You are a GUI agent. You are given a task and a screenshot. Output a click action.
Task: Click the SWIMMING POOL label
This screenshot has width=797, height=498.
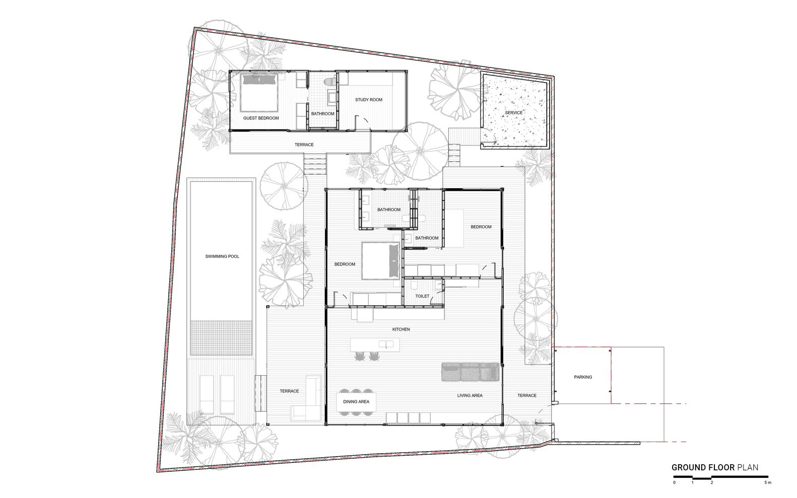[x=222, y=256]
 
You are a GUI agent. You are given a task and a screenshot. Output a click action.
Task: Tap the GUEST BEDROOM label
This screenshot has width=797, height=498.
[x=261, y=118]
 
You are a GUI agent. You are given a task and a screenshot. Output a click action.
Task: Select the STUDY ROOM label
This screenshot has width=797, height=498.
[x=369, y=100]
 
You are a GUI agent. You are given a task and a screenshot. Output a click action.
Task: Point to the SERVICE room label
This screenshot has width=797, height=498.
[x=514, y=113]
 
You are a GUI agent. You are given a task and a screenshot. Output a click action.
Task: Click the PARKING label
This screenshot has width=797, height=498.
[x=583, y=377]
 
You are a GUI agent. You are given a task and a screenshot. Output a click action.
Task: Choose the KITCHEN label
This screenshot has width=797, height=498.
[x=401, y=329]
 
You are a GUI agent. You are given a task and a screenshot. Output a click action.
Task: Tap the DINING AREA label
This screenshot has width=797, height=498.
[x=356, y=402]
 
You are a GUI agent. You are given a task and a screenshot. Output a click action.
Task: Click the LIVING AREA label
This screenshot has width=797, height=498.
[x=470, y=395]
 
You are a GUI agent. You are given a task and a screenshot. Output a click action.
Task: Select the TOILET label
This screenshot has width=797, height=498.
[x=422, y=296]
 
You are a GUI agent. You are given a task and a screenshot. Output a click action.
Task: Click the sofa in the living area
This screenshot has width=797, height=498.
[x=470, y=372]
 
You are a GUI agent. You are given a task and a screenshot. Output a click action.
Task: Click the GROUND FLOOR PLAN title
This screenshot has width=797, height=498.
[x=714, y=467]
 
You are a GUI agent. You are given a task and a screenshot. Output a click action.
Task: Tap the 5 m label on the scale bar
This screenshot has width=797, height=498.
[x=767, y=483]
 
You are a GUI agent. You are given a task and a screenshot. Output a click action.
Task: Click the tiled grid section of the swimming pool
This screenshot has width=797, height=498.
[x=221, y=337]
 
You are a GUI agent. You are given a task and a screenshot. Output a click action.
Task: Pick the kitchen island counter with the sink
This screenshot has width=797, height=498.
[x=375, y=345]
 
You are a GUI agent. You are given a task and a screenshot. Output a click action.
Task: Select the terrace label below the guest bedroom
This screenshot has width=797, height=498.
[x=304, y=145]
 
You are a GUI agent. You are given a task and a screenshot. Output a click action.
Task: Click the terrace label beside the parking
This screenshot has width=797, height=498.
[x=526, y=395]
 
